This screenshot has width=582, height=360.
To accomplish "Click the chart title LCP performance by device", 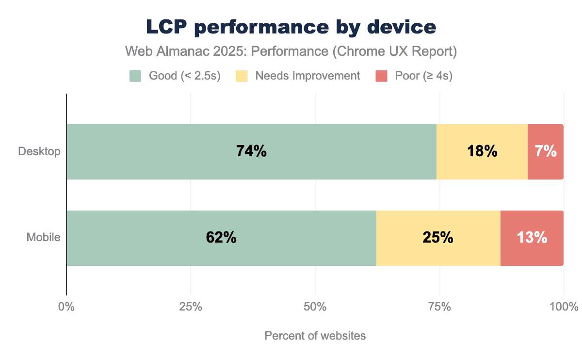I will coord(291,28).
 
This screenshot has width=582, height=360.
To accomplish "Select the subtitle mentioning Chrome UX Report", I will coord(291,52).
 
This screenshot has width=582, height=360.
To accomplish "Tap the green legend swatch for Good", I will coord(135,76).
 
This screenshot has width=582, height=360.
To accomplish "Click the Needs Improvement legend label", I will coord(307,76).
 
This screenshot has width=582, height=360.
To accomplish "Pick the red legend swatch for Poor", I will coord(381,76).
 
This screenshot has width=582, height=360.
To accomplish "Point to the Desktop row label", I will coord(39,151).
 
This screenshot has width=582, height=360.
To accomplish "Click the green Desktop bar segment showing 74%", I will coord(251,151).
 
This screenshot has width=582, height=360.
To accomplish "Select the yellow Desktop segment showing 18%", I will coord(482,151).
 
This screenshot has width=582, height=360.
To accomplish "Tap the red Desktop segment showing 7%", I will coord(546,151).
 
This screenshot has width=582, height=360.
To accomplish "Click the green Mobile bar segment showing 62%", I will coord(221,238).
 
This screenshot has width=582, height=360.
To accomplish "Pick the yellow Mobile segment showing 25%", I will coord(438,238).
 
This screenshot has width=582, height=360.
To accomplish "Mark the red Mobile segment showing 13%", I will coord(532,238).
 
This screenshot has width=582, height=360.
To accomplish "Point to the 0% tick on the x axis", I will coord(66,307).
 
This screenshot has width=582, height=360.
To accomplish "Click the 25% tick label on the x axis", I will coord(191,307).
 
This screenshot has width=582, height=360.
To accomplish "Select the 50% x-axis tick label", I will coord(315,307).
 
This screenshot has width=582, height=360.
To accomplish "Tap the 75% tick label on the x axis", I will coord(439,307).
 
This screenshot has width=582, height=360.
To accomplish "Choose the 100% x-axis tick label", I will coord(564,307).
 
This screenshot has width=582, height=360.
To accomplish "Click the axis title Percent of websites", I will coord(315,336).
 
